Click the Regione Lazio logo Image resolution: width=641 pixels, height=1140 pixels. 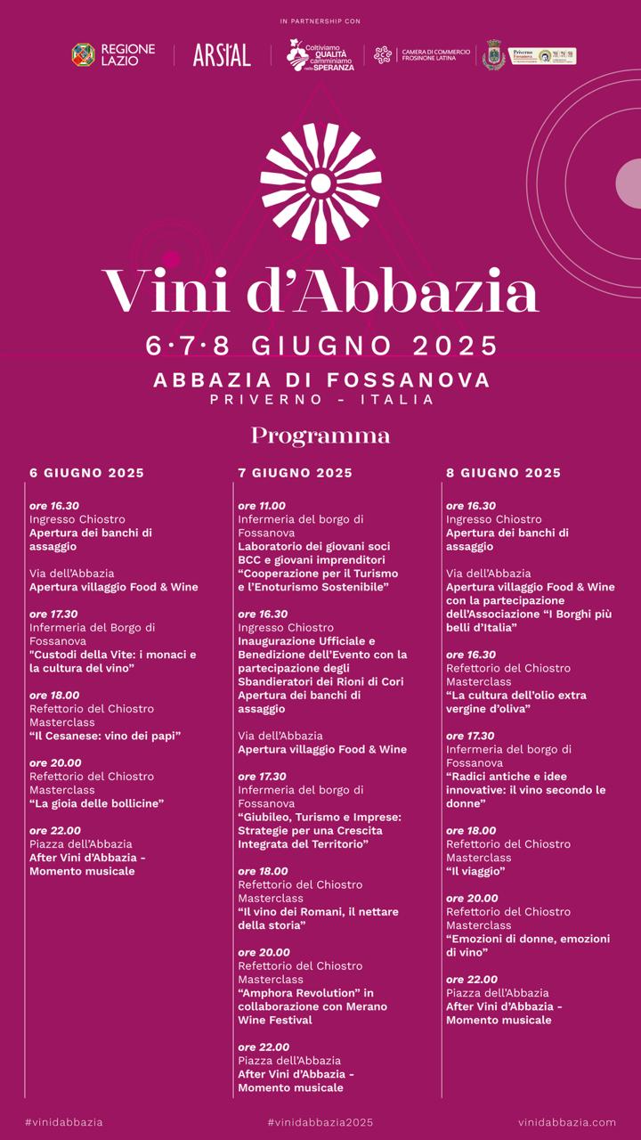tap(113, 55)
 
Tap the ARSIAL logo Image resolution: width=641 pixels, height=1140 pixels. tap(222, 55)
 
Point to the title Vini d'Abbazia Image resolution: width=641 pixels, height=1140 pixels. tap(320, 289)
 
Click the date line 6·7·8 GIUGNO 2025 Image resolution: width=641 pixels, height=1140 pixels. tap(320, 346)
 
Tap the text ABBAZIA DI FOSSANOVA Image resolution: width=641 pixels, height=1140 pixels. tap(320, 380)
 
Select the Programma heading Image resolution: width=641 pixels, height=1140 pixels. tap(320, 436)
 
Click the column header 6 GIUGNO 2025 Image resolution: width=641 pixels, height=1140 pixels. tap(86, 473)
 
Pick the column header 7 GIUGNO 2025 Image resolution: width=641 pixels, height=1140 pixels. tap(295, 473)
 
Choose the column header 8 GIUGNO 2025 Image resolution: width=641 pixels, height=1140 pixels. tap(503, 473)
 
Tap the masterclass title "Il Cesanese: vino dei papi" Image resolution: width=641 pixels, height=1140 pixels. tap(105, 736)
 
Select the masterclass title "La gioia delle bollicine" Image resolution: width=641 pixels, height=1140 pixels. tap(96, 803)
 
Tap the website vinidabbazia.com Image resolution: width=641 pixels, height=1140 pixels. tap(567, 1122)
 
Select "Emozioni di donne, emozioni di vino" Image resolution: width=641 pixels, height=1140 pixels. tap(527, 946)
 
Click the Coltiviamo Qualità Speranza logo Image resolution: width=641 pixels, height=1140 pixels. tap(320, 55)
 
